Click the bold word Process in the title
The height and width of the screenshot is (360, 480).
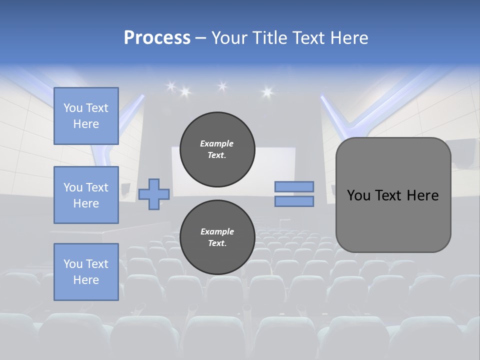pyautogui.click(x=157, y=37)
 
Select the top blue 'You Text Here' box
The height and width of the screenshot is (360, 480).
pyautogui.click(x=86, y=116)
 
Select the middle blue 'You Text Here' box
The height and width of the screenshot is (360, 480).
pyautogui.click(x=86, y=195)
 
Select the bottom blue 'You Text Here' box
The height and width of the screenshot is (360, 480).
pyautogui.click(x=86, y=272)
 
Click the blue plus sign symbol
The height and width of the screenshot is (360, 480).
pyautogui.click(x=154, y=194)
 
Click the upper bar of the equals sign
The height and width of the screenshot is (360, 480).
pyautogui.click(x=294, y=187)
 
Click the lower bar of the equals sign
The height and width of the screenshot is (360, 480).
pyautogui.click(x=294, y=201)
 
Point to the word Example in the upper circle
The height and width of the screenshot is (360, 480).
pyautogui.click(x=217, y=143)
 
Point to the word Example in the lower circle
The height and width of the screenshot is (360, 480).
pyautogui.click(x=217, y=231)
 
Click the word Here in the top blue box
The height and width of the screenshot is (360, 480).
pyautogui.click(x=86, y=124)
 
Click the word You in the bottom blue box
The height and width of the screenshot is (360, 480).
pyautogui.click(x=73, y=264)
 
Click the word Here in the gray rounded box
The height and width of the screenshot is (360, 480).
pyautogui.click(x=422, y=195)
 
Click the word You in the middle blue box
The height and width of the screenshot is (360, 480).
pyautogui.click(x=73, y=187)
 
